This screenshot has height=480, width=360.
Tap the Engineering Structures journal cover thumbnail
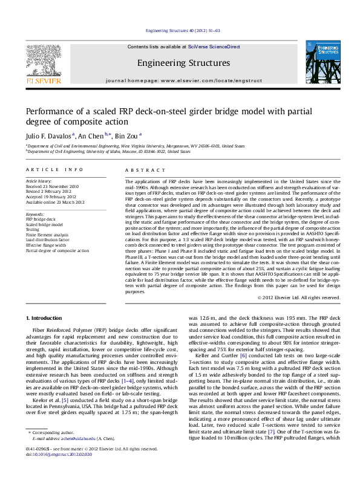(322, 63)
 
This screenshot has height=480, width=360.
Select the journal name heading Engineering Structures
(183, 63)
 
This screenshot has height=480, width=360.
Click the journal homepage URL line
(183, 80)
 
